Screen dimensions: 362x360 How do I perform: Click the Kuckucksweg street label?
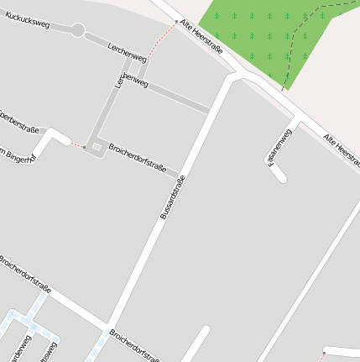click(x=28, y=19)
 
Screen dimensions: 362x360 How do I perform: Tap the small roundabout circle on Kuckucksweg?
click(x=78, y=30)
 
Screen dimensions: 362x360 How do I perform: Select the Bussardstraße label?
click(x=172, y=197)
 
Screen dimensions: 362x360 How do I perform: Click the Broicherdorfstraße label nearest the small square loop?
click(x=138, y=157)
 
